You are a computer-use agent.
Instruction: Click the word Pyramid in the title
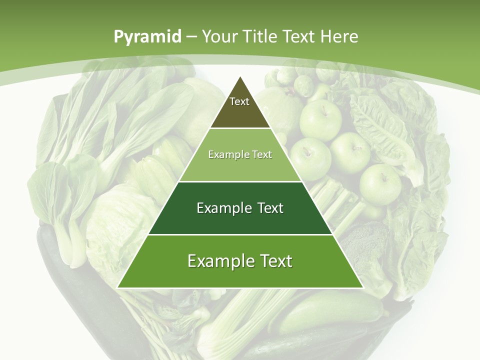click(147, 36)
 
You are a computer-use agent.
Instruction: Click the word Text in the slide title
click(300, 36)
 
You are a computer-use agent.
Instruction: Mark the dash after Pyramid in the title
click(191, 37)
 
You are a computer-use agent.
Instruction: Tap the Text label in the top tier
click(239, 101)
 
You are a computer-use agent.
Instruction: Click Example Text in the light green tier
click(240, 154)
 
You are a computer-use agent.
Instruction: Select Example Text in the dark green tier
click(240, 208)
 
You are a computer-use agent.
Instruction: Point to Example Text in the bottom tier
click(240, 261)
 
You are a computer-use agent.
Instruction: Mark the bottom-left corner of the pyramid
click(117, 287)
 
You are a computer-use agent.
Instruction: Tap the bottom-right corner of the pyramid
click(363, 287)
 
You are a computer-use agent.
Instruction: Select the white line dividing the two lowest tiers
click(240, 234)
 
